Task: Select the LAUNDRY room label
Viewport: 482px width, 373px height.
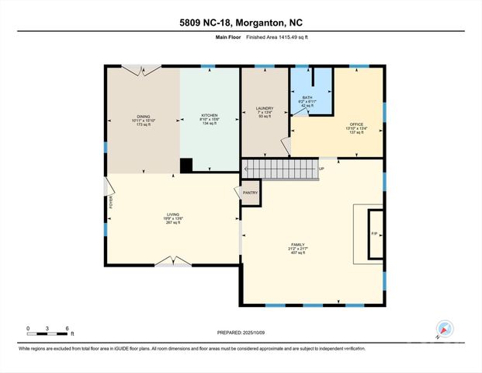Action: pos(265,109)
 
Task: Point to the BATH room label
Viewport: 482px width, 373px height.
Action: pos(307,97)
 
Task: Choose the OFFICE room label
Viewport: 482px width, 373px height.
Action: pos(356,124)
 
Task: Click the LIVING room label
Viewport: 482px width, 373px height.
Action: pos(173,215)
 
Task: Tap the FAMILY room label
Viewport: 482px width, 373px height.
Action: pos(309,245)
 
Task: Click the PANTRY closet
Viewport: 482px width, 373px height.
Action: pos(250,193)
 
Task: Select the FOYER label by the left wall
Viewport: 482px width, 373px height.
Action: pos(111,202)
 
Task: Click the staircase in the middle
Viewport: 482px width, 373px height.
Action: pos(279,169)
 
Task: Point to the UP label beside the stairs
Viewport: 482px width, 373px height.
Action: pos(322,169)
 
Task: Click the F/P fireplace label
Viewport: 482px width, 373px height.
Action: pos(373,233)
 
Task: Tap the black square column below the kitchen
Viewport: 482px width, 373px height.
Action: pos(186,165)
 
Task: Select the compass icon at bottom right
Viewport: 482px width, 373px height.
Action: pos(445,329)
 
